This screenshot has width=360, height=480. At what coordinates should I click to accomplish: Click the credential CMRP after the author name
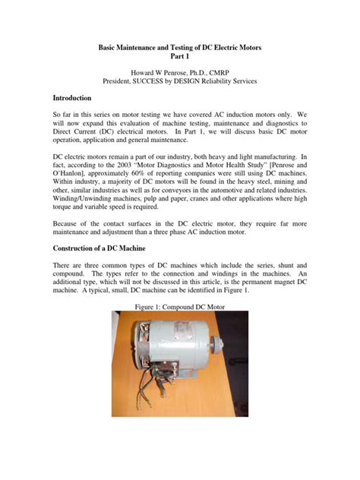225,71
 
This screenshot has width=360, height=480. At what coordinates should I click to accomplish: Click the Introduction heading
72,99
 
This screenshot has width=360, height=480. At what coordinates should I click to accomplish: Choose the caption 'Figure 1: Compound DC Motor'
179,308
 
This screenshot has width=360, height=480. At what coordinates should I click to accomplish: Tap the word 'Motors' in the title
245,47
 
